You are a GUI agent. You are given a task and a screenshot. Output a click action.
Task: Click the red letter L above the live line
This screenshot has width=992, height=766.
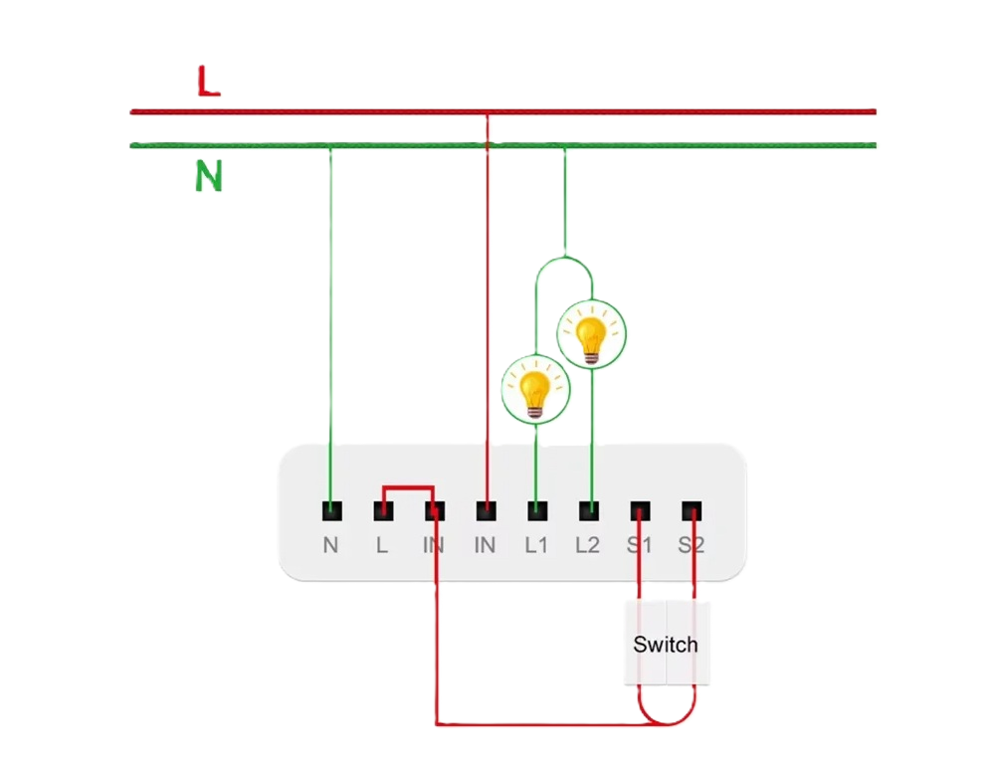click(207, 84)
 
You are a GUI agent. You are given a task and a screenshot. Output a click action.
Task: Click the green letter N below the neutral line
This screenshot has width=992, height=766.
click(208, 177)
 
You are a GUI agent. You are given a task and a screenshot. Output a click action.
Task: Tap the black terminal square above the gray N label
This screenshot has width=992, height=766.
click(331, 511)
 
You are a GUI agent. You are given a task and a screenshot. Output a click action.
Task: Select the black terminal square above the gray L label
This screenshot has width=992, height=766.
click(383, 511)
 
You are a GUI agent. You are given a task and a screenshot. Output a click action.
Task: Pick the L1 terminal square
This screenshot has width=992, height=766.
click(537, 511)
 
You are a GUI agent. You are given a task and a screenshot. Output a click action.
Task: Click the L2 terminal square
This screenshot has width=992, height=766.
click(589, 511)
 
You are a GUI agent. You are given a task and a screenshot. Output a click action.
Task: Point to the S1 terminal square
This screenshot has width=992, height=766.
click(641, 511)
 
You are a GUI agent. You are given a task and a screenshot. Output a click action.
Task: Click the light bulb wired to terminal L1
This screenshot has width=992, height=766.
click(536, 388)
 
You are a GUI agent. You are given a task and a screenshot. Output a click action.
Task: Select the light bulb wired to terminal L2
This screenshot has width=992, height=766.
click(592, 333)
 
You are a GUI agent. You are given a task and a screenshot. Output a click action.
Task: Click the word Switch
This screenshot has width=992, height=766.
click(666, 645)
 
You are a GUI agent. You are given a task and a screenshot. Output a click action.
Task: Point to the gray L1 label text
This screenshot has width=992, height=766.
click(537, 545)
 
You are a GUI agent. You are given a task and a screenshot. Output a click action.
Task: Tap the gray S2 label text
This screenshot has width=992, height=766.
click(692, 545)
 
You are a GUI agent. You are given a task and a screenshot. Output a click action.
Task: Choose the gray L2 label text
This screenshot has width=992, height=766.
click(588, 545)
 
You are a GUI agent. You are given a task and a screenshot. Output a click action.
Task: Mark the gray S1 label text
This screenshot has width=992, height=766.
click(640, 545)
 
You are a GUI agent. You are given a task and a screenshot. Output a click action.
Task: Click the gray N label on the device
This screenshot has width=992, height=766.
click(331, 545)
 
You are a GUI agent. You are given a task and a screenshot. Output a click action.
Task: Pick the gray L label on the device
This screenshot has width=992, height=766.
click(383, 545)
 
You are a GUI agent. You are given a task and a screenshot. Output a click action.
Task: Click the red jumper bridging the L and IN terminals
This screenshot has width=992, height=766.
click(408, 488)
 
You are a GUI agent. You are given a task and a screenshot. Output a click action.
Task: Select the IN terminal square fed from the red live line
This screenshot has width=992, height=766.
click(486, 511)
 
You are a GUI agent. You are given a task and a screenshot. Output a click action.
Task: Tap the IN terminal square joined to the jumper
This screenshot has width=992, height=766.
click(435, 511)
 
